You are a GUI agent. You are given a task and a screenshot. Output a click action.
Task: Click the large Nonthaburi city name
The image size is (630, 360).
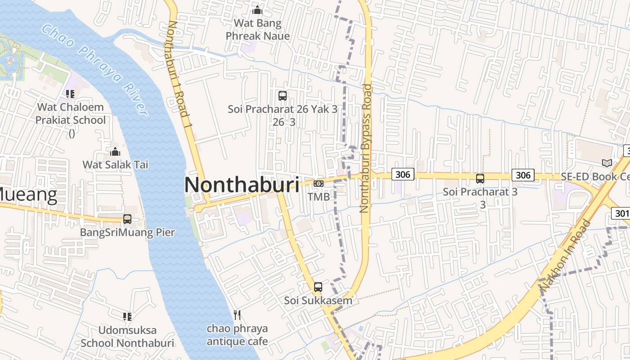(x=242, y=185)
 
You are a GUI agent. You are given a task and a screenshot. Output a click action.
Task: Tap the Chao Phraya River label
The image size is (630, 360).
(x=94, y=70)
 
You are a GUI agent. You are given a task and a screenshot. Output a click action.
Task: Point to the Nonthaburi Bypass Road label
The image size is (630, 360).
(x=365, y=148)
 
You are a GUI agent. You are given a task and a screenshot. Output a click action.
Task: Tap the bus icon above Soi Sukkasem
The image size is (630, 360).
(x=318, y=287)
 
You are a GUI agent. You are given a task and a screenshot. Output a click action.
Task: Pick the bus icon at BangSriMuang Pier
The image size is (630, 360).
(x=127, y=219)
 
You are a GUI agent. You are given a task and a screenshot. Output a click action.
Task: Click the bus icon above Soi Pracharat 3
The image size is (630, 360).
(x=480, y=178)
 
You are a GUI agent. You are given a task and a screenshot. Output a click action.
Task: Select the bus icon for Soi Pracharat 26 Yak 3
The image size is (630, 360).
(x=283, y=95)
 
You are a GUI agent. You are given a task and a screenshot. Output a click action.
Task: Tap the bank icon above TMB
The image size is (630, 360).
(x=319, y=183)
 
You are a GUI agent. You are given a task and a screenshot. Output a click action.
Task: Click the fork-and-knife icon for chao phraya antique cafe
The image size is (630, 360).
(x=237, y=315)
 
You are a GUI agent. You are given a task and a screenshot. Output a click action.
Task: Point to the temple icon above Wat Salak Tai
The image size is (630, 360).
(x=115, y=151)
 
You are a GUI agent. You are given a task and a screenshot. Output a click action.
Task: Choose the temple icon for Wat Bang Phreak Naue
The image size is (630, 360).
(x=257, y=9)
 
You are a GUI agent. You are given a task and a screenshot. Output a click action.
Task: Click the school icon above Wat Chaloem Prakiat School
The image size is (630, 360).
(x=70, y=94)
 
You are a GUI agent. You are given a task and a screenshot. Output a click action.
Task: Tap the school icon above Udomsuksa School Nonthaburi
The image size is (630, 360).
(x=127, y=316)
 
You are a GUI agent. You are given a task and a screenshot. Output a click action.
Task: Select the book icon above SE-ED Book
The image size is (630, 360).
(x=607, y=163)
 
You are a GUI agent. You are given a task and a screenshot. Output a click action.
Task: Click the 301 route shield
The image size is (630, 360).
(x=621, y=213)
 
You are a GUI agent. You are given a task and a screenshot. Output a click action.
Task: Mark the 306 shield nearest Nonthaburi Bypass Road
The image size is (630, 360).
(x=402, y=174)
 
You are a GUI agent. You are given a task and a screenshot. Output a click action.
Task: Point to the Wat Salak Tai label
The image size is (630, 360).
(x=115, y=165)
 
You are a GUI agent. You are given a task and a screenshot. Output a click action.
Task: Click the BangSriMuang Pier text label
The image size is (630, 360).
(x=127, y=232)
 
